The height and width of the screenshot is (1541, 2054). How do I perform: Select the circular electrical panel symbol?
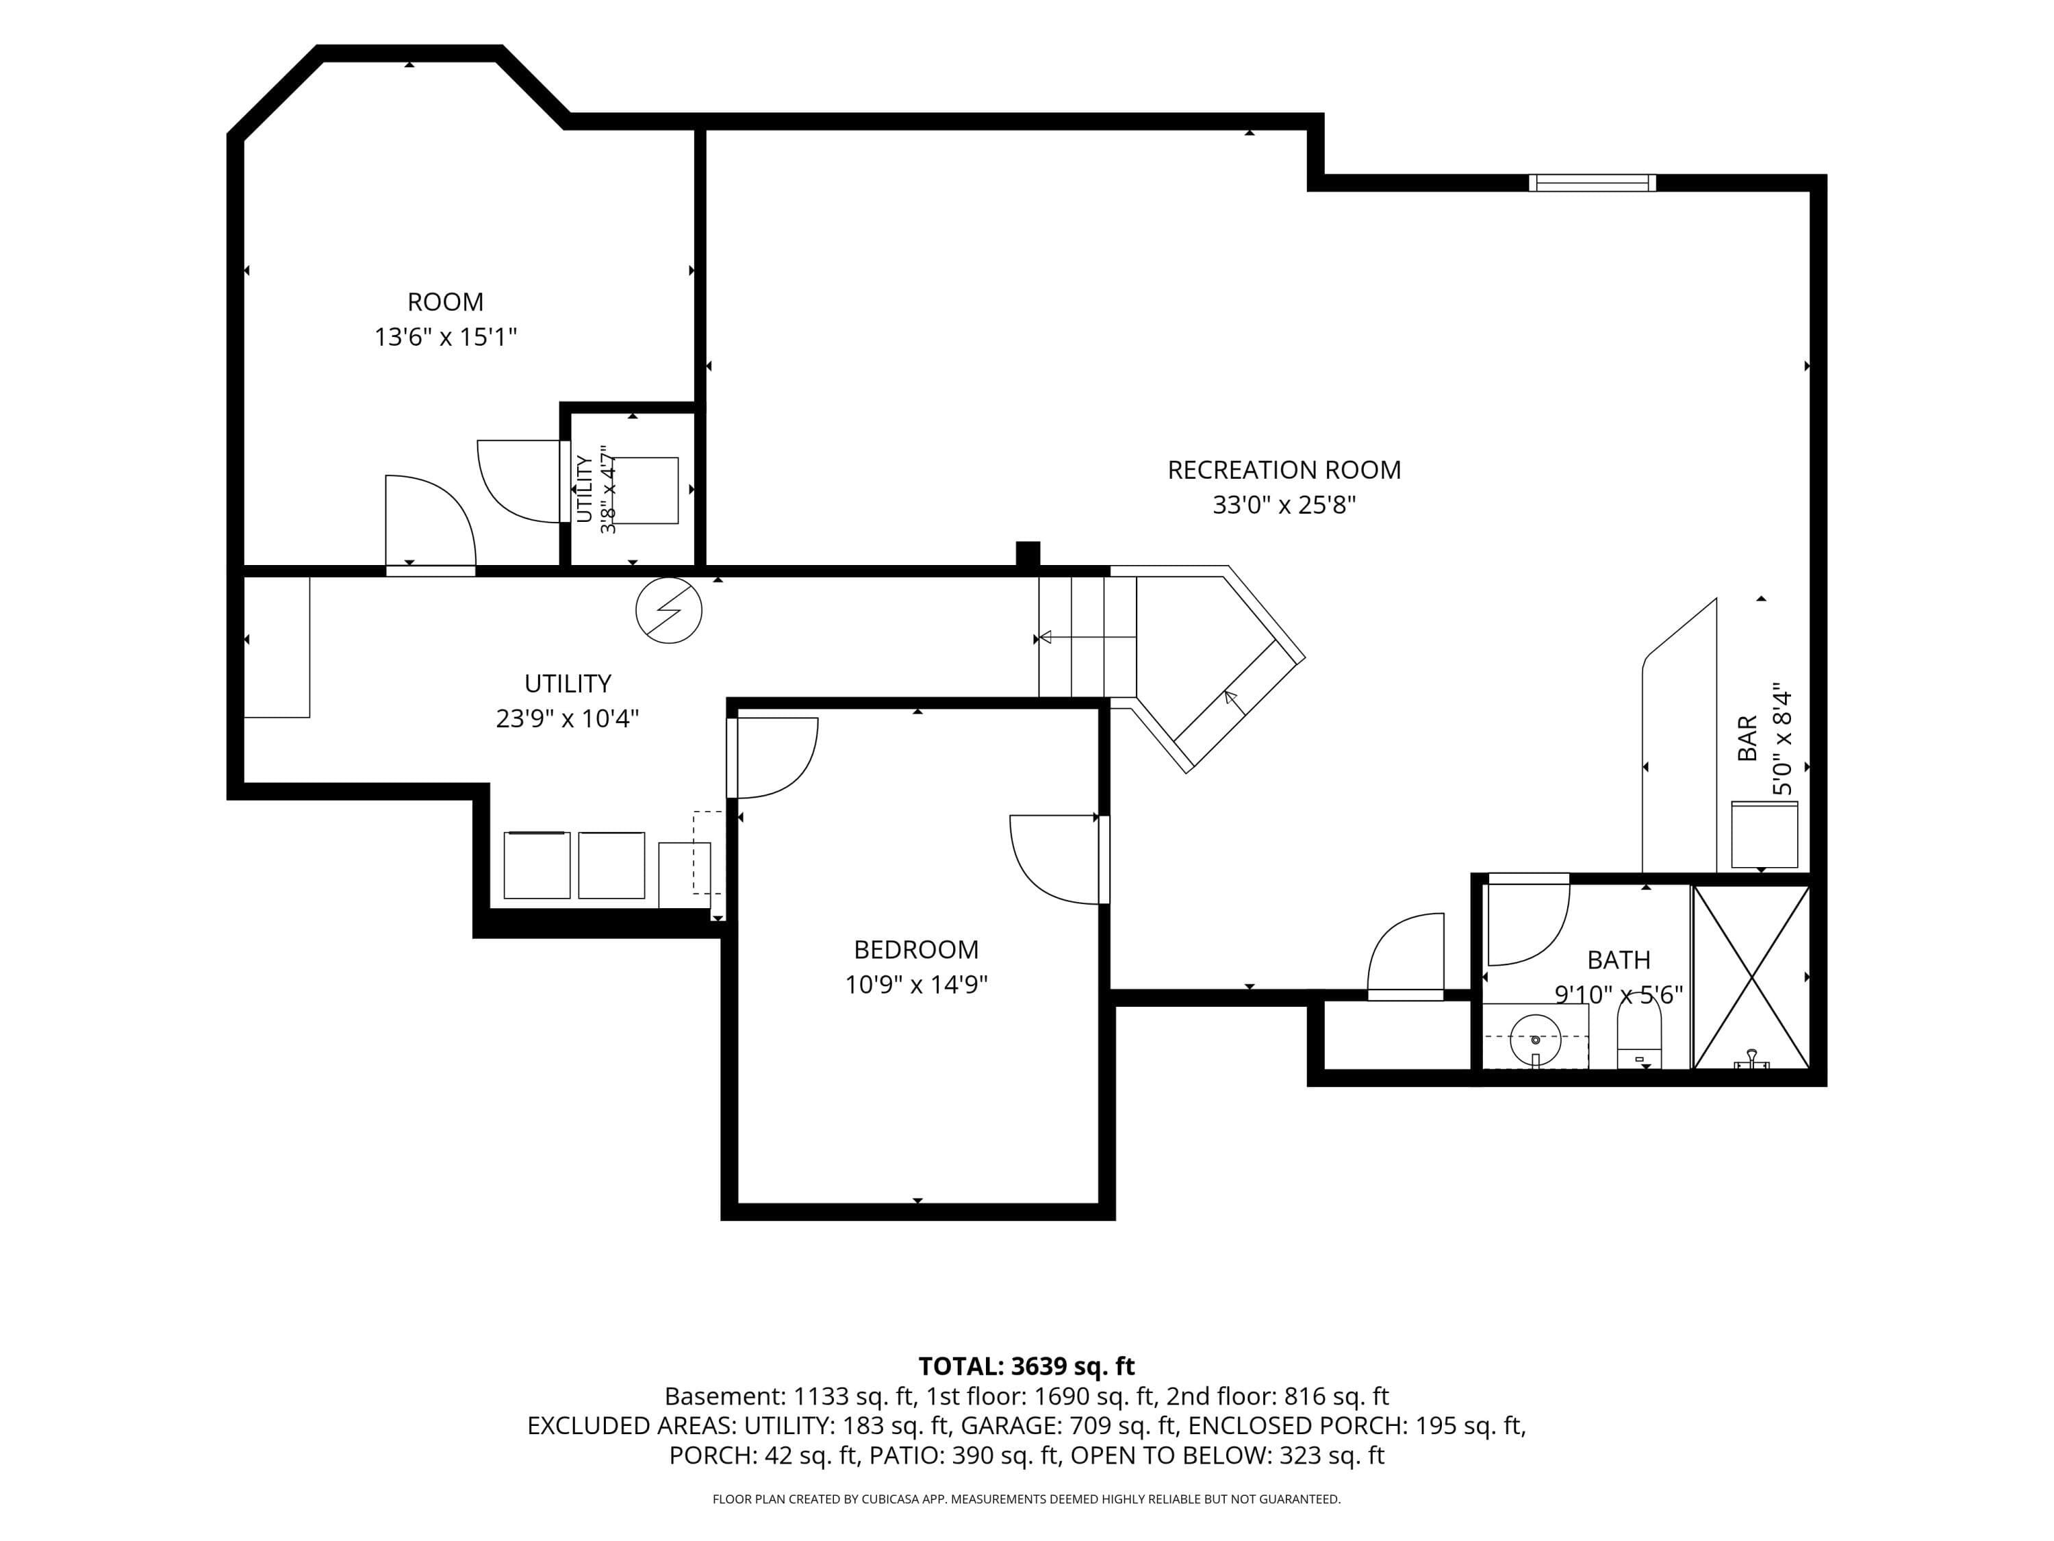point(668,610)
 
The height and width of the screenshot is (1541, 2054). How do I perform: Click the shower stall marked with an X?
point(1751,977)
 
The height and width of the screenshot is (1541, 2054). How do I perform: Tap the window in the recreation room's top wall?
point(1592,183)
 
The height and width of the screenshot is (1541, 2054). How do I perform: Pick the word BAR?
point(1747,738)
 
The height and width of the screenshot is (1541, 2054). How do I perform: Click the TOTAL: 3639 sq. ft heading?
point(1026,1366)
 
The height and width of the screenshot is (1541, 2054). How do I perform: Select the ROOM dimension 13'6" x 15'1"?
point(445,336)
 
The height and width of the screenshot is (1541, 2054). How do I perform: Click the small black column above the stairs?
point(1027,553)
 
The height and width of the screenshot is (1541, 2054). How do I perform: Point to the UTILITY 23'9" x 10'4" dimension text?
point(568,718)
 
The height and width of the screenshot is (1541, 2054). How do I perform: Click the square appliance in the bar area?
point(1764,834)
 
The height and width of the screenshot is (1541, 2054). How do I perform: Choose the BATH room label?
point(1619,960)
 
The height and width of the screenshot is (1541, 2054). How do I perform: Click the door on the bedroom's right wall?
point(1104,860)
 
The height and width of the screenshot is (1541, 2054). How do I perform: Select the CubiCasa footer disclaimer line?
point(1026,1499)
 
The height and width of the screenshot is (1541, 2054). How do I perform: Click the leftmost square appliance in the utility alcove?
point(537,865)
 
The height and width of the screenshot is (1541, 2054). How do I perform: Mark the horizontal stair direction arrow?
point(1087,637)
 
